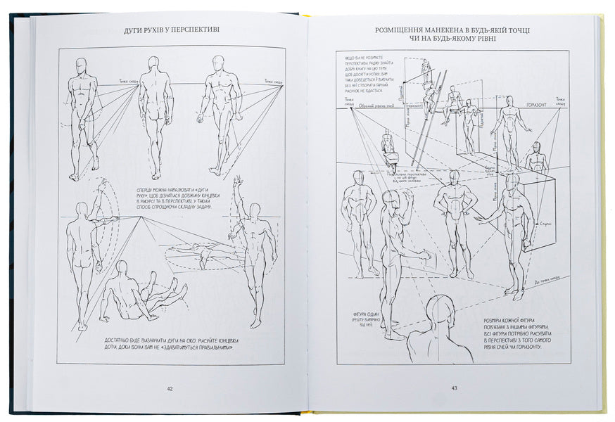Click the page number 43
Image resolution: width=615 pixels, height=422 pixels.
454,388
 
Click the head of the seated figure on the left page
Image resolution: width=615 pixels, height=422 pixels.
122,267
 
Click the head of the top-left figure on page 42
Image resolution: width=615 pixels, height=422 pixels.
82,64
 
